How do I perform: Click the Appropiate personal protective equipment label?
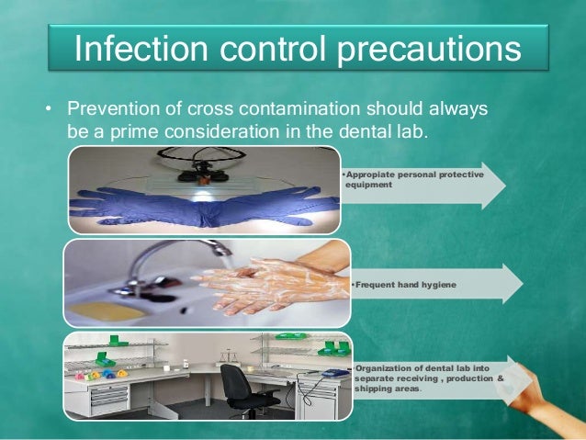click(413, 178)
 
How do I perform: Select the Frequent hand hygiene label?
click(404, 285)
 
